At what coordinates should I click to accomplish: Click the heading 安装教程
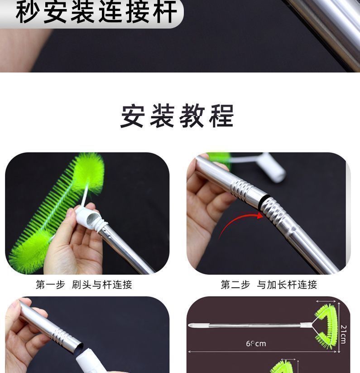[177, 116]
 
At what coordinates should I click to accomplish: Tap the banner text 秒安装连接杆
[96, 11]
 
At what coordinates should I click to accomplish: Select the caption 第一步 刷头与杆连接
[84, 285]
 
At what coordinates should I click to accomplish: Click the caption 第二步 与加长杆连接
[269, 285]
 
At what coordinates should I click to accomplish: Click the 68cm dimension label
[256, 344]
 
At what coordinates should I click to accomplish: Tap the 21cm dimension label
[344, 334]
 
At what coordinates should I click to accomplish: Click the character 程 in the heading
[222, 116]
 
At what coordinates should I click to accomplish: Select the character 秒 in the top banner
[28, 11]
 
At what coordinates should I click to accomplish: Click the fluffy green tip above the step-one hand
[89, 173]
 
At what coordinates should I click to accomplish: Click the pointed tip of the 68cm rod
[189, 325]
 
